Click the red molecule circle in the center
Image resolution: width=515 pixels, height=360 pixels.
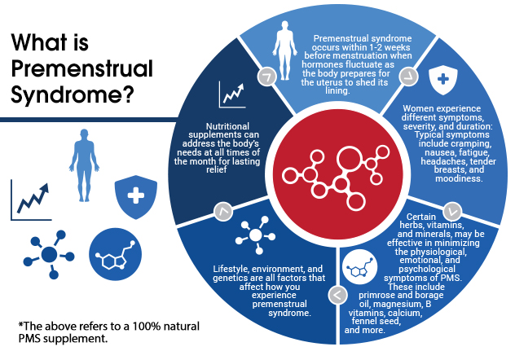337,174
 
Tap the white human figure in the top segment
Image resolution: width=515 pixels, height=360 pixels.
284,50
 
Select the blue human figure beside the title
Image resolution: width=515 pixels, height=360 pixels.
84,165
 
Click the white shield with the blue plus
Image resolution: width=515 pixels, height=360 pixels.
443,79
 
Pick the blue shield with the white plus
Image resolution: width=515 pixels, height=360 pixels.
135,197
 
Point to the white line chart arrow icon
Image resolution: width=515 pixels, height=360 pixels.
232,94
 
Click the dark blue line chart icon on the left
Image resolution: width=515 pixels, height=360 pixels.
31,200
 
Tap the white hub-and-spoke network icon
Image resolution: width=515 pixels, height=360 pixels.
256,235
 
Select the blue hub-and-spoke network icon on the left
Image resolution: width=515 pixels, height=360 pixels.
49,255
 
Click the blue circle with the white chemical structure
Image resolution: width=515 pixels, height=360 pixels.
115,254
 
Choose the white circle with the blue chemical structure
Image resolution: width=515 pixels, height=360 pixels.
359,267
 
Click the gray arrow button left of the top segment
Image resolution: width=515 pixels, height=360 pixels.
266,77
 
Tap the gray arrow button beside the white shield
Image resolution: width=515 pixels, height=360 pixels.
408,77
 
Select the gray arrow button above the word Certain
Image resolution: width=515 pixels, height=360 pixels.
452,211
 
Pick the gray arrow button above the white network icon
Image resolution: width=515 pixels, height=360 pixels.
223,211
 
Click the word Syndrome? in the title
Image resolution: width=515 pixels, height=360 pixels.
73,95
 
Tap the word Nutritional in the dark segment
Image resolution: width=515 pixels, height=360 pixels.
227,126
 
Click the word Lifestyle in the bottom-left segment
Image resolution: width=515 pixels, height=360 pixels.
231,269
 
